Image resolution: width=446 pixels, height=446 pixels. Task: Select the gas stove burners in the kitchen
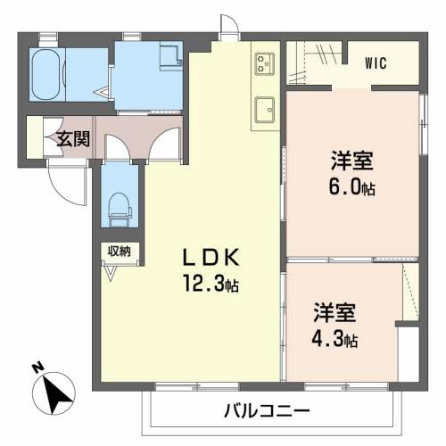coord(266,62)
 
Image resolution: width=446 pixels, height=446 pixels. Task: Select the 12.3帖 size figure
coord(212,285)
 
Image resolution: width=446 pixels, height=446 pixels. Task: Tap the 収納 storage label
coord(120,252)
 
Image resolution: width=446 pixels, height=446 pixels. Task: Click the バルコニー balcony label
coord(266,412)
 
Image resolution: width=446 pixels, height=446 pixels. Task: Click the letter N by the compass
coord(37,368)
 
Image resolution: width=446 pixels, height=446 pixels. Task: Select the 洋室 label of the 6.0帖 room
coord(351,161)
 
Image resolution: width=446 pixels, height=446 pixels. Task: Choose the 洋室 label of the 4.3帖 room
coord(334,315)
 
